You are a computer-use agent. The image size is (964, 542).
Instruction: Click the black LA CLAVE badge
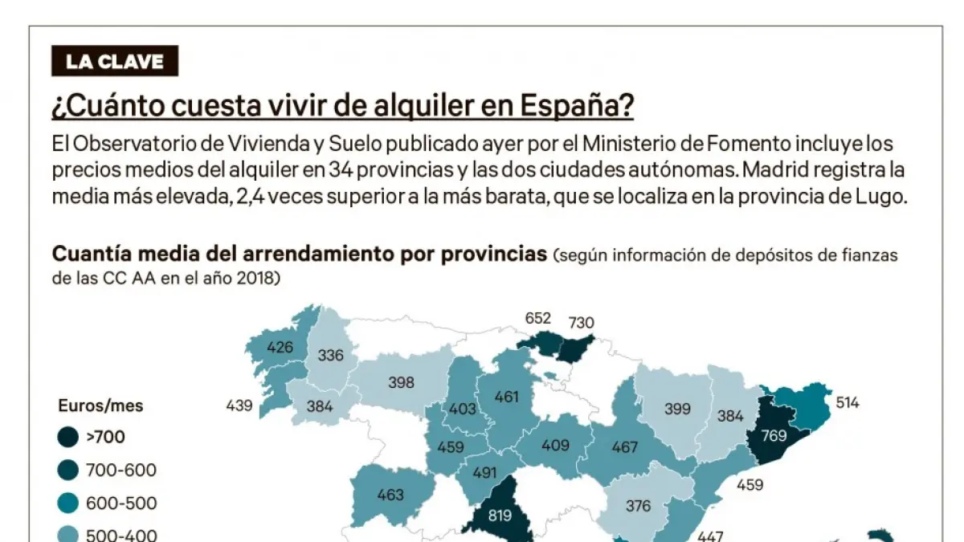coord(115,61)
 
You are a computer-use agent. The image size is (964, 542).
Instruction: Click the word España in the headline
coord(577,104)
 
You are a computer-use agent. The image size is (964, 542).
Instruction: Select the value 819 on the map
coord(500,516)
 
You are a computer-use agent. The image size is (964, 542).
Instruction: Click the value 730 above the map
coord(580,323)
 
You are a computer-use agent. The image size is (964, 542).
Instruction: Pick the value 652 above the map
coord(537,318)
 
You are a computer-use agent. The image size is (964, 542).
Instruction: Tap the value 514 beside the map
coord(847,402)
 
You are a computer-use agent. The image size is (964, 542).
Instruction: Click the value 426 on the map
coord(280,348)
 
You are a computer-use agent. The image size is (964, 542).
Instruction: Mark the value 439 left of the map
coord(239,406)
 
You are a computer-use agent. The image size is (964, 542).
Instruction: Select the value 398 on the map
coord(401,382)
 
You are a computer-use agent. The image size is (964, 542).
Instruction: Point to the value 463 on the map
coord(390,495)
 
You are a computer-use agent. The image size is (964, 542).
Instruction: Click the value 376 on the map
coord(639,506)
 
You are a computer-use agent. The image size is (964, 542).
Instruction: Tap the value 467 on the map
coord(624,447)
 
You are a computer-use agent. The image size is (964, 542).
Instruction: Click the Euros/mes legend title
coord(100,405)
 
